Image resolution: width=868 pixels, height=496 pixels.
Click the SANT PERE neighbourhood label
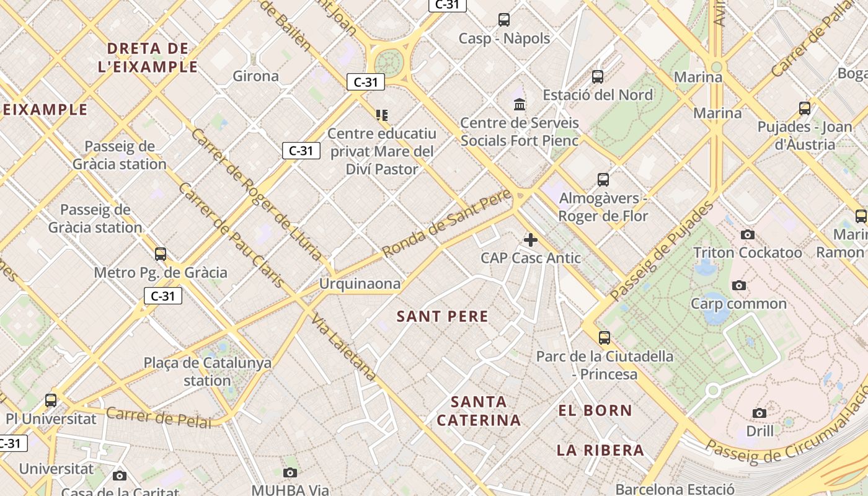pos(442,316)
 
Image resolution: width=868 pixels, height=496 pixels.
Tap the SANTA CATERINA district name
pos(479,410)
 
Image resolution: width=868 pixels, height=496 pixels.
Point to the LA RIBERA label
pos(600,450)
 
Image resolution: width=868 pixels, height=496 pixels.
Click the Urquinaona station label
pos(360,284)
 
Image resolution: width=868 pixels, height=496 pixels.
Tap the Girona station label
pos(255,76)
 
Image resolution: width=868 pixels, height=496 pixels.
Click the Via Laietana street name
pos(344,347)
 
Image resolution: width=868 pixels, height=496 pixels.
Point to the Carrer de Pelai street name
pos(159,417)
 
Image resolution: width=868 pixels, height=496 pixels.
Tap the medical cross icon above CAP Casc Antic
pos(531,239)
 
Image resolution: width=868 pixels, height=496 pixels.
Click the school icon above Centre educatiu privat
pos(382,115)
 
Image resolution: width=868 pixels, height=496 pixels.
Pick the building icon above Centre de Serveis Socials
pos(520,104)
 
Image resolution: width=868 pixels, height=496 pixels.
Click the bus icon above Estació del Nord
pos(598,77)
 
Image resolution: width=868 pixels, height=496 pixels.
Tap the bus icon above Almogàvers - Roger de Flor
pos(603,180)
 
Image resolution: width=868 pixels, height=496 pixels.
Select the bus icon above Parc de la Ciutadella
pos(604,338)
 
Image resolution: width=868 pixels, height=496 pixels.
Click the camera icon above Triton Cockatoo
pos(748,234)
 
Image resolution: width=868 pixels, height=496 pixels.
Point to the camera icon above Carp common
pos(738,285)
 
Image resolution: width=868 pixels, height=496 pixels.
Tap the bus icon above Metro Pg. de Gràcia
pos(161,254)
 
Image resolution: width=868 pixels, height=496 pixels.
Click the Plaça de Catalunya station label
pos(208,371)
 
